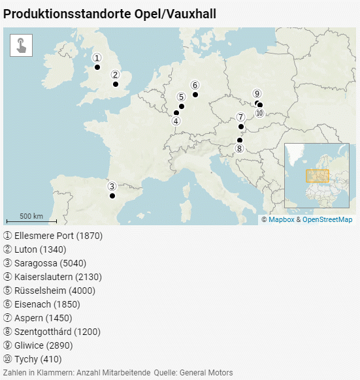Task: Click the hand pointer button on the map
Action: pos(22,45)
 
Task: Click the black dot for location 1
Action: pos(97,67)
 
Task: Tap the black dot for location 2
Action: pos(116,84)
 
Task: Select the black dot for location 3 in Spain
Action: pos(112,196)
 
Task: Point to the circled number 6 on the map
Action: pos(195,85)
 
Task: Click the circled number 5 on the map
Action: pos(181,97)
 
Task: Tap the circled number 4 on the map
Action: pos(176,121)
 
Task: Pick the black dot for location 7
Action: pos(241,127)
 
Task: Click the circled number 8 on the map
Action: pos(240,148)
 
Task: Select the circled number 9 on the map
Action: pos(257,93)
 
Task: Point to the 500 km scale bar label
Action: pos(31,216)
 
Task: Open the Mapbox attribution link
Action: pos(281,220)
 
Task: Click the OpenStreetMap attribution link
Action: pos(327,220)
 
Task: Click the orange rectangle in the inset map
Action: pos(318,176)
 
